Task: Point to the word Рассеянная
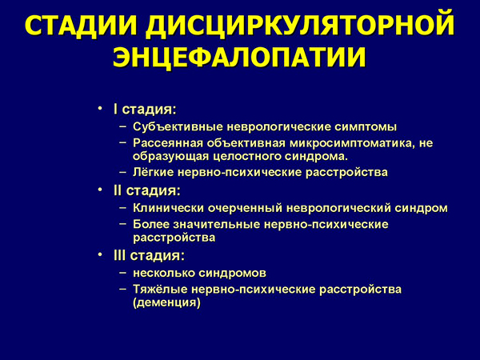coord(169,142)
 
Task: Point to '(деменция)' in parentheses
coord(166,303)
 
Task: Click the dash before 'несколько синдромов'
coord(122,273)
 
